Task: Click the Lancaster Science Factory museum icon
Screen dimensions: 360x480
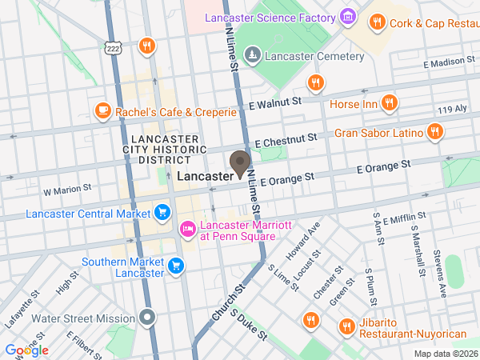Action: pyautogui.click(x=347, y=17)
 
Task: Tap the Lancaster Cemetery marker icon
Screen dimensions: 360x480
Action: pyautogui.click(x=252, y=54)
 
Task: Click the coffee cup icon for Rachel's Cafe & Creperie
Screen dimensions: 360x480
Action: pyautogui.click(x=102, y=111)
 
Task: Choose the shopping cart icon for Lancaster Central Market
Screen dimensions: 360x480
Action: pyautogui.click(x=162, y=213)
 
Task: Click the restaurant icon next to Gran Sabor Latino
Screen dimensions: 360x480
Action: pyautogui.click(x=434, y=132)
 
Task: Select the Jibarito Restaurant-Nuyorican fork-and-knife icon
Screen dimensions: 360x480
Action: pyautogui.click(x=346, y=326)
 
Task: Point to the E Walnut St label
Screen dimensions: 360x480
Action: pyautogui.click(x=274, y=102)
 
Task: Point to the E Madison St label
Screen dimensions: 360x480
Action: pyautogui.click(x=451, y=62)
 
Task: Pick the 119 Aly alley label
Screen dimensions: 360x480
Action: pyautogui.click(x=451, y=109)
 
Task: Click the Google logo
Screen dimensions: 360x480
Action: pyautogui.click(x=27, y=350)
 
